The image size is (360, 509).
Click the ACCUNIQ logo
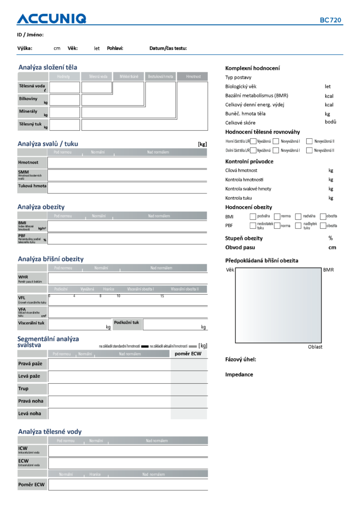(51, 19)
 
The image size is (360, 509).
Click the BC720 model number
(330, 20)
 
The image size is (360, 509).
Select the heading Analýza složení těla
(48, 67)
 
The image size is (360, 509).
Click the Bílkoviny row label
(28, 99)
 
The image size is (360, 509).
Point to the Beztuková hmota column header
(161, 77)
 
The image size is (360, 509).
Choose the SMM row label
(23, 172)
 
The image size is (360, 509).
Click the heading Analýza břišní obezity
(51, 259)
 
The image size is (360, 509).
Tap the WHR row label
(23, 277)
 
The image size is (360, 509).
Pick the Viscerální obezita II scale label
(184, 289)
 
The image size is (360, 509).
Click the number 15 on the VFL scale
(162, 296)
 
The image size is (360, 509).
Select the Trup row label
(23, 388)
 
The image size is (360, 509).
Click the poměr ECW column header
(188, 354)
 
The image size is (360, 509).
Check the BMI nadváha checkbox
(298, 216)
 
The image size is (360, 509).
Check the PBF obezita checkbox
(323, 226)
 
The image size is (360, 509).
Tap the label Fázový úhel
(241, 359)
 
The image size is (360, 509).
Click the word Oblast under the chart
(315, 347)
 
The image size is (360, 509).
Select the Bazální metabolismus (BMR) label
(257, 95)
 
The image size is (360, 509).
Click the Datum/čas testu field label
(168, 48)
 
